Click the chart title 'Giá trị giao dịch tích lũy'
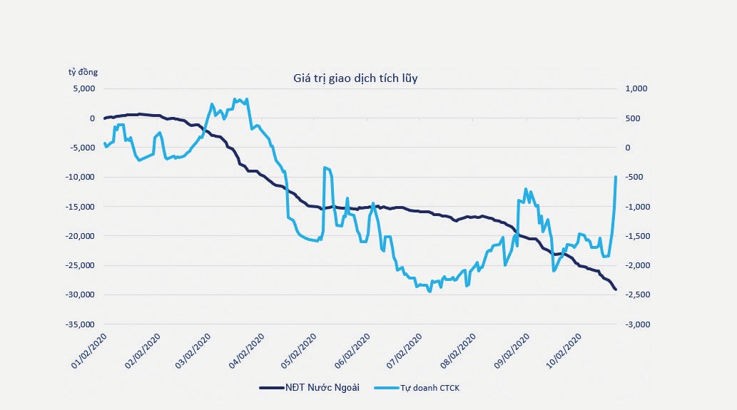click(x=355, y=78)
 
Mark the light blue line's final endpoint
click(x=616, y=177)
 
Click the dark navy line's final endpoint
click(x=616, y=289)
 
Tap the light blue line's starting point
click(x=104, y=143)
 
